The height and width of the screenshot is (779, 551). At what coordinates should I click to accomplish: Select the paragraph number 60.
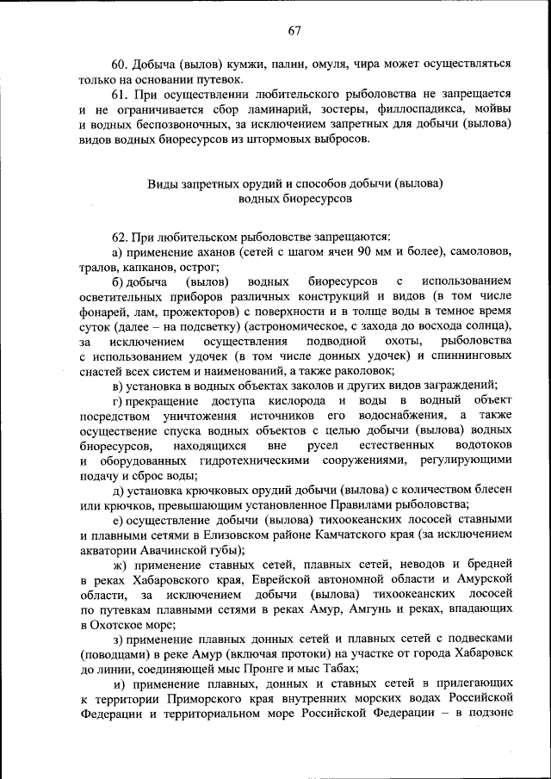(121, 65)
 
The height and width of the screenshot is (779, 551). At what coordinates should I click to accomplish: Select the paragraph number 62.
(121, 236)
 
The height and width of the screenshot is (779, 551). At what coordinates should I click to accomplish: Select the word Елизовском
(276, 535)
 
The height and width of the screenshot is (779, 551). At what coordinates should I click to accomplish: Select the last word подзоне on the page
(486, 714)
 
